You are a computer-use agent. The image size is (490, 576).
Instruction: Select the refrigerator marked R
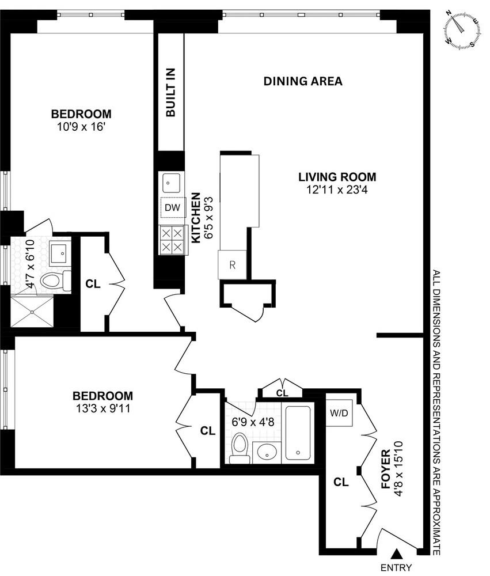pos(232,266)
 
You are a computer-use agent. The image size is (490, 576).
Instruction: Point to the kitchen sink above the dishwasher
pos(172,183)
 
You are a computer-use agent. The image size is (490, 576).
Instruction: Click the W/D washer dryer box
pos(338,413)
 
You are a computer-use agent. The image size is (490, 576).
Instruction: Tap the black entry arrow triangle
pos(396,554)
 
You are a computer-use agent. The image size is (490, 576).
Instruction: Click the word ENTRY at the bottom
pos(396,568)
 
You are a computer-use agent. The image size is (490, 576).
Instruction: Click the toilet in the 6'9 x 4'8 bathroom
pos(239,449)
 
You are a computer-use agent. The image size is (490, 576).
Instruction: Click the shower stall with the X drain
pos(33,311)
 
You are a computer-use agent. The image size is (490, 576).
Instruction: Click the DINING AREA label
pos(303,81)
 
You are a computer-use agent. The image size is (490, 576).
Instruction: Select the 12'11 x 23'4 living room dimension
pos(337,190)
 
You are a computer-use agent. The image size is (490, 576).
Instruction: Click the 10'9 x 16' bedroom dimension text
pos(81,127)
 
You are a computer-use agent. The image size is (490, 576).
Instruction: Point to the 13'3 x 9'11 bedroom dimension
pos(102,409)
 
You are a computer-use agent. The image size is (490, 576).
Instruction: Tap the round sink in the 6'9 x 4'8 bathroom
pos(266,452)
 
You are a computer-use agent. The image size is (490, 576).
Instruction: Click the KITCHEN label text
pos(195,217)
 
